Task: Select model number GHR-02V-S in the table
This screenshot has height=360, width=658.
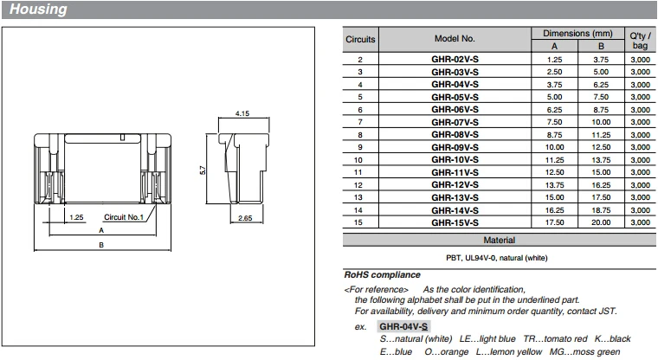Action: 455,59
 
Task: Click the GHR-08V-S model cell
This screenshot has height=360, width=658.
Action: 455,135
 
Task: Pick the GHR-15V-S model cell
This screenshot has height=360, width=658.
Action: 455,222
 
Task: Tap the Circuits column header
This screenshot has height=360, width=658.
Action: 360,39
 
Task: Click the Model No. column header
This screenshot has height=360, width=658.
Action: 455,39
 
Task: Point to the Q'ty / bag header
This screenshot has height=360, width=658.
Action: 640,39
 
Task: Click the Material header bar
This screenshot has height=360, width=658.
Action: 498,240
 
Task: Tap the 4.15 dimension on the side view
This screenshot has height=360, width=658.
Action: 242,114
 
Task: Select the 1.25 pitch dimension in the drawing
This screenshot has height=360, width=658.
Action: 75,217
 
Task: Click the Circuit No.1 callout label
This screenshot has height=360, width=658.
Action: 124,217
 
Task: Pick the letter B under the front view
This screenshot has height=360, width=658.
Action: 101,246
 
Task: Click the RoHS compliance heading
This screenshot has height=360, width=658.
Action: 382,274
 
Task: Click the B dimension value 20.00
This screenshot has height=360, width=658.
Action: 599,222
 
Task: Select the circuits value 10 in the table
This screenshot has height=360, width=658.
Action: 360,160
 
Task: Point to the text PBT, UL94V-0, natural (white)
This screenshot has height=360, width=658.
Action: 498,258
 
